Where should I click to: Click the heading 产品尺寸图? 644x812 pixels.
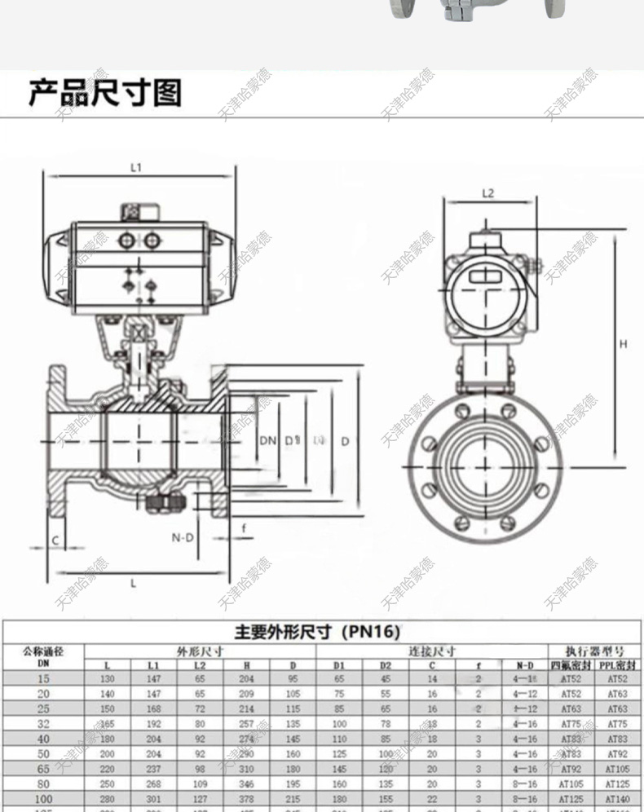coord(105,94)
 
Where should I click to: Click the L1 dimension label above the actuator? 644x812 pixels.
coord(136,168)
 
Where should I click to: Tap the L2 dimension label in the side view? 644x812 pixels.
coord(488,193)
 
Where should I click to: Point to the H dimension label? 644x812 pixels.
coord(623,344)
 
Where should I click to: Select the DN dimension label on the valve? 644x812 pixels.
coord(267,441)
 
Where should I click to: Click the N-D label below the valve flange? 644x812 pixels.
coord(183,537)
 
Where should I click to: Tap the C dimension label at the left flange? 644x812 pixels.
coord(55,541)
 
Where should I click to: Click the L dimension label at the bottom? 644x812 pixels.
coord(134,583)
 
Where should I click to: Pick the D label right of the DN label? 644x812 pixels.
coord(345,441)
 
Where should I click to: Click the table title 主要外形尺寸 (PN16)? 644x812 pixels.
coord(318,632)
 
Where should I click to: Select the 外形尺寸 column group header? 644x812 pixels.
coord(201,651)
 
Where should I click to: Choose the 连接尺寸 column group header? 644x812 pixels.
coord(432,651)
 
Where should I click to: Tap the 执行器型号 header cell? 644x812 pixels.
coord(597,651)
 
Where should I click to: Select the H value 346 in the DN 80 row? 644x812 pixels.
coord(248,784)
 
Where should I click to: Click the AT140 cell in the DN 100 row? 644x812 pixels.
coord(617,799)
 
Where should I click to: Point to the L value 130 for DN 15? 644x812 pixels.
coord(107,678)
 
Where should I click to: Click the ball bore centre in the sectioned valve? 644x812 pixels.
coord(139,441)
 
